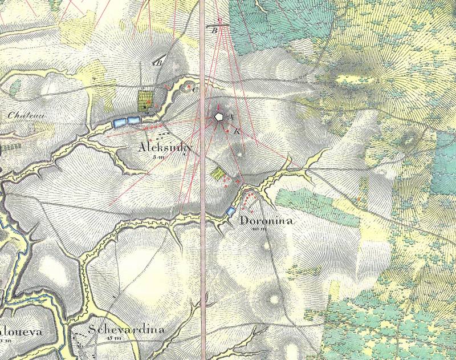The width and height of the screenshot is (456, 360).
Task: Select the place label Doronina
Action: click(267, 221)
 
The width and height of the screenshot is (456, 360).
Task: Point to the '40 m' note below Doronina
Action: click(263, 229)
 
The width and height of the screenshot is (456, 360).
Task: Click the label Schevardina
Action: click(127, 330)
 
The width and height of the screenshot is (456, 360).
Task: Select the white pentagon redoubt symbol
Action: click(219, 117)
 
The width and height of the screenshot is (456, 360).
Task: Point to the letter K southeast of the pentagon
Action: click(237, 131)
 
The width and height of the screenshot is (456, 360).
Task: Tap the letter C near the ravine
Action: click(195, 90)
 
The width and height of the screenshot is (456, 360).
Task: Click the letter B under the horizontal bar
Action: click(215, 31)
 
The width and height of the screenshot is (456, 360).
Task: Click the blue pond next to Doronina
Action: click(231, 212)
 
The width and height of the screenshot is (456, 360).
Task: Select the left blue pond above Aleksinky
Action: click(120, 121)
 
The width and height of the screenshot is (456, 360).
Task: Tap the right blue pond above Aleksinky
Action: click(133, 120)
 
